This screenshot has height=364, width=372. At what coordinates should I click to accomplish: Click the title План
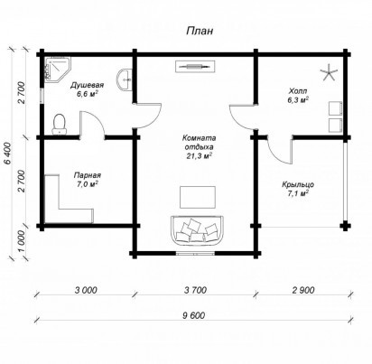200,31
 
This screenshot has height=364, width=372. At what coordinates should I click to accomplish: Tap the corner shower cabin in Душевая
57,70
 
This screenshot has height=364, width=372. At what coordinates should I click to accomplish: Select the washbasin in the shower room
125,79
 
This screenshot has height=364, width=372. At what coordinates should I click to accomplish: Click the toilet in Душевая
60,125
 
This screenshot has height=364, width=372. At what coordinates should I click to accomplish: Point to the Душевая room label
87,85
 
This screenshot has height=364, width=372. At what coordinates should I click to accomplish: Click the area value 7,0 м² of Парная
88,184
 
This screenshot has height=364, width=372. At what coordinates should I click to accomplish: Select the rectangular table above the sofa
198,197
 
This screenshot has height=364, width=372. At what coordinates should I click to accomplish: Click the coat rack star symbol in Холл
329,72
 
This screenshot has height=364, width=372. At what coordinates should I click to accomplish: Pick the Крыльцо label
298,184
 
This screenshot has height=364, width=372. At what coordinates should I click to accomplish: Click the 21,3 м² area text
199,156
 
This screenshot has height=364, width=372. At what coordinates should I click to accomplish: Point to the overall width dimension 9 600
193,315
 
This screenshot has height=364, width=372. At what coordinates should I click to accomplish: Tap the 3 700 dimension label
195,290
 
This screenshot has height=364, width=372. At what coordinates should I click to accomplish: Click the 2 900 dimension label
303,290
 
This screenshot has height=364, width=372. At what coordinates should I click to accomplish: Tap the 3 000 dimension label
86,290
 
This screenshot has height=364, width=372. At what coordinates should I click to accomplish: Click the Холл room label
298,91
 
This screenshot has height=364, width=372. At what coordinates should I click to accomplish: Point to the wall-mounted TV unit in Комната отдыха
195,66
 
